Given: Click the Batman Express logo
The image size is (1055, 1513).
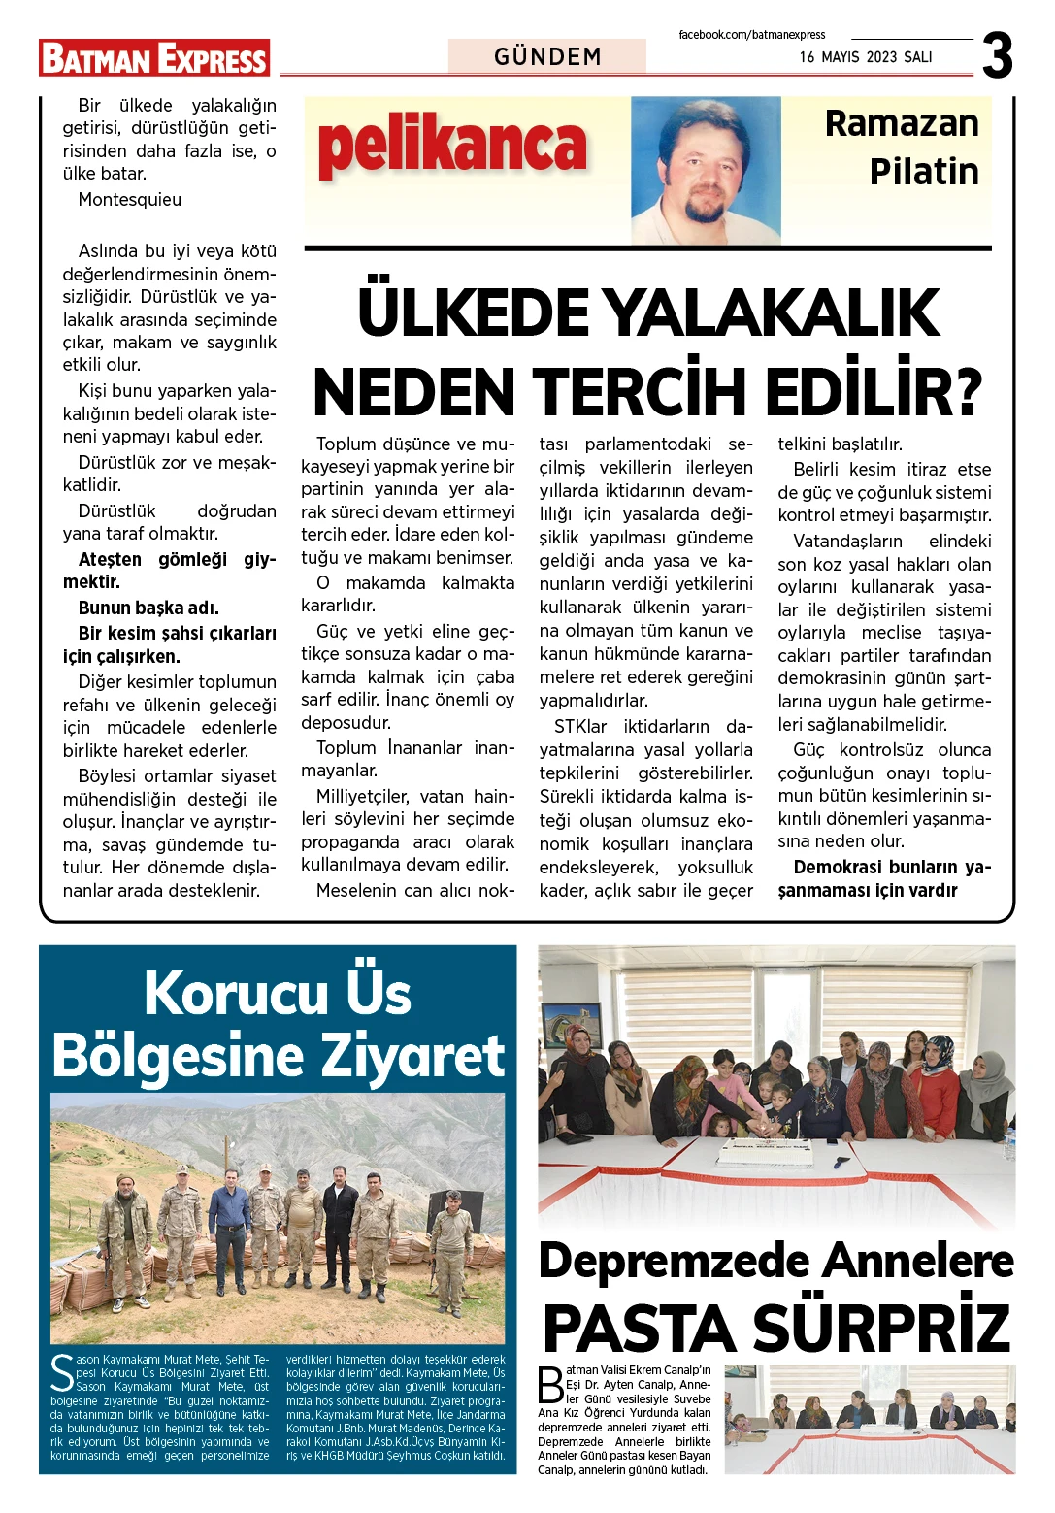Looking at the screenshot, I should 154,58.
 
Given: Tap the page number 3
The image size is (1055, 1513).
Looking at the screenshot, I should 998,56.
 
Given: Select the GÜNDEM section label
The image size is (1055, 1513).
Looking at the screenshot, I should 547,56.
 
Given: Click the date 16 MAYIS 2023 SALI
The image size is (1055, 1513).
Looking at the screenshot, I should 866,57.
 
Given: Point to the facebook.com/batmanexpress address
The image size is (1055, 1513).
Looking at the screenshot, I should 751,35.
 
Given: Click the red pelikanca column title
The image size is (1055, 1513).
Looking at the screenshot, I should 452,146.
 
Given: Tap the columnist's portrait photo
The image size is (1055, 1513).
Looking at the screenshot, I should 706,170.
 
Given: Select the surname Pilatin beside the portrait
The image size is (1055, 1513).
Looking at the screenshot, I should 924,171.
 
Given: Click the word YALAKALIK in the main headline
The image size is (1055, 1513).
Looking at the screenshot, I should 772,312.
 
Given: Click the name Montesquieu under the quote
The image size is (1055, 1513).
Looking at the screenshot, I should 130,200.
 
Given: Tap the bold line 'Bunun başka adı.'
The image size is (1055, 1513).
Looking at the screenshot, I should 148,608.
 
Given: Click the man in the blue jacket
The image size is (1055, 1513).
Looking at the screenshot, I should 230,1223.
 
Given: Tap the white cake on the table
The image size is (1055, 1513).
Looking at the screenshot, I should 766,1153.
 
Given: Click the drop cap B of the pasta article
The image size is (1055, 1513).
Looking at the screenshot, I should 550,1385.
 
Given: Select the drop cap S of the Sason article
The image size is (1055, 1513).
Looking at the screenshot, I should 62,1372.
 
